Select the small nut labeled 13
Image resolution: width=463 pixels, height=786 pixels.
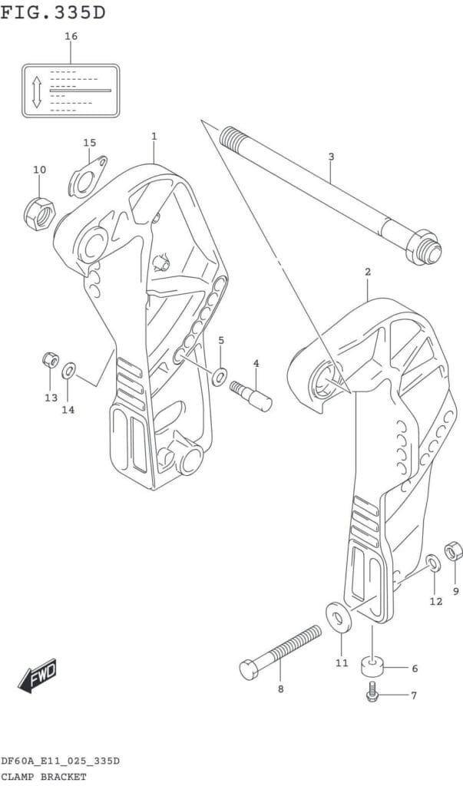coord(51,360)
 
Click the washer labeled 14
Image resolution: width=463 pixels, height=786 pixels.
coord(69,372)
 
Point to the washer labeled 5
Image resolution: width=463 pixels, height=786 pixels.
coord(219,376)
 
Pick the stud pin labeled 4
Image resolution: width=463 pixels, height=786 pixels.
coord(251,396)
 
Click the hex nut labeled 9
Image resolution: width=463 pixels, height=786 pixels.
coord(454,551)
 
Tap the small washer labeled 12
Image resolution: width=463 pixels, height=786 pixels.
coord(434,563)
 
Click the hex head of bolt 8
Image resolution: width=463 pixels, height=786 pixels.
coord(250,669)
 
